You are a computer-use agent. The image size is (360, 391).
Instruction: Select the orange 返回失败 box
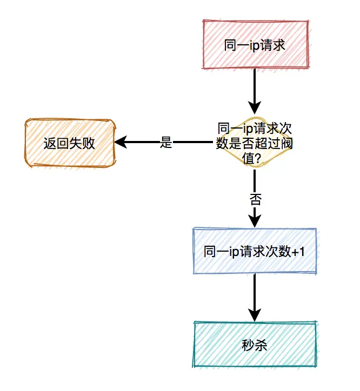[69, 143]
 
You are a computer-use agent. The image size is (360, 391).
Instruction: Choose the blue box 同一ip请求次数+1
[254, 251]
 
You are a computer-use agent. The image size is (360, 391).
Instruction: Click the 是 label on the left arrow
[166, 143]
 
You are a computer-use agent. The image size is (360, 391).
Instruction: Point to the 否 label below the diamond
[255, 199]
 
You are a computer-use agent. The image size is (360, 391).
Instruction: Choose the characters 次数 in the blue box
[275, 252]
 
